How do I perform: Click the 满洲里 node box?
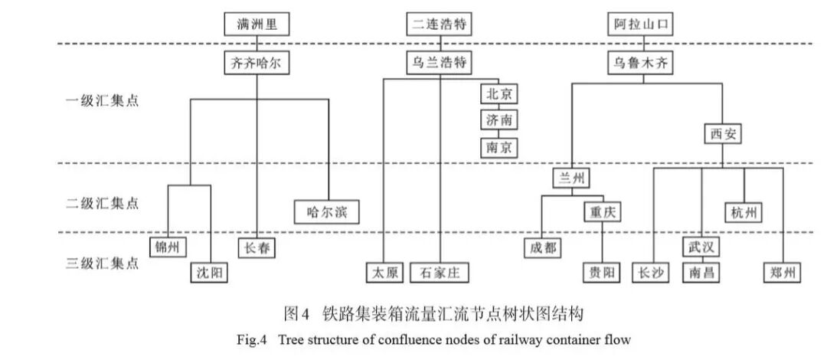(258, 24)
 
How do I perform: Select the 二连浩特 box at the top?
(437, 24)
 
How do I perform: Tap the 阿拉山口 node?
(642, 24)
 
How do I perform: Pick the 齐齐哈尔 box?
(257, 63)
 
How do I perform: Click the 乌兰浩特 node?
(437, 63)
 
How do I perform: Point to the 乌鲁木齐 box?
(641, 63)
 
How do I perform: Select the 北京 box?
(498, 93)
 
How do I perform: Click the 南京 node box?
(498, 146)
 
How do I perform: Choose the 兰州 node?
(572, 178)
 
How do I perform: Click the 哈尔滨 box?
(326, 211)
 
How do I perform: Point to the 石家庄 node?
(440, 272)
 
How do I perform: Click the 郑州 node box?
(783, 272)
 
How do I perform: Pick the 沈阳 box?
(208, 272)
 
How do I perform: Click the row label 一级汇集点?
(102, 100)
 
